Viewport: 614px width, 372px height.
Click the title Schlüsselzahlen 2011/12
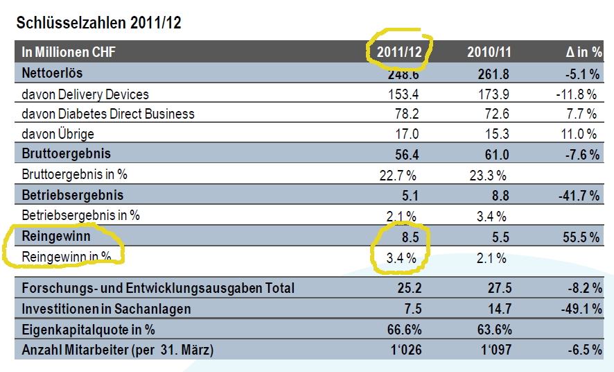(98, 22)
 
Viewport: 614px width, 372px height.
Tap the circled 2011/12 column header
(400, 52)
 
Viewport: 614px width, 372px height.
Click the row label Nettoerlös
(52, 72)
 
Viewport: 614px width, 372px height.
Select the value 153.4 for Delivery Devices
(404, 94)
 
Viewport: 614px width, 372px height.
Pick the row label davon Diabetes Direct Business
(108, 114)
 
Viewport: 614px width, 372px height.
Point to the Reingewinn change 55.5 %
(578, 237)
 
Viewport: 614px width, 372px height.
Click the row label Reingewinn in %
(67, 257)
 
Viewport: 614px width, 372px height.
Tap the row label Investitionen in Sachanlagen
(106, 309)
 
